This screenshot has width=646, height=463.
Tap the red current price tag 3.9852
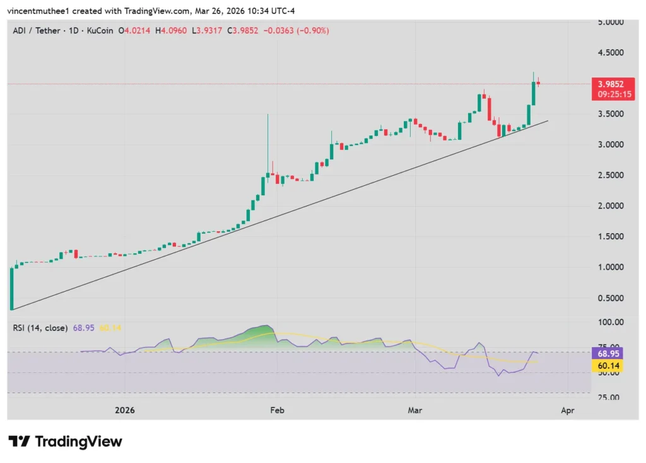pos(611,84)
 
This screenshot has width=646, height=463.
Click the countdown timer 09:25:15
pos(611,94)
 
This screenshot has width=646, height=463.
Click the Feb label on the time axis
pos(277,410)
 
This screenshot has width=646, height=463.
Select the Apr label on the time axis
pos(567,410)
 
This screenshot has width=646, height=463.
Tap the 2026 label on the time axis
pos(126,410)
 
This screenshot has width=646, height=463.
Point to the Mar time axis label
pos(414,410)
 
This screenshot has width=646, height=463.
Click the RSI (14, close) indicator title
pos(40,328)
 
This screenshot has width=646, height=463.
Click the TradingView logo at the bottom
pos(65,442)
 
